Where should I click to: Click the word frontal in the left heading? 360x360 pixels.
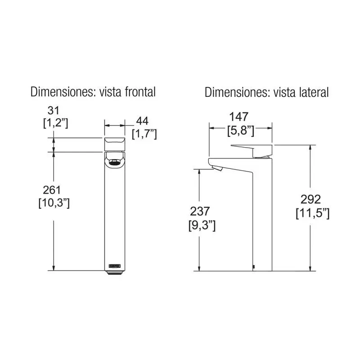140,92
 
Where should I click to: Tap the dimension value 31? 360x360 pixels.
53,110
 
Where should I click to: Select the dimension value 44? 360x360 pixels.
142,121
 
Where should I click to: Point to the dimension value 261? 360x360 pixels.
52,190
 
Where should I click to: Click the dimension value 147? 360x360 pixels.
239,117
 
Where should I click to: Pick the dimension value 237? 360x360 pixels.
200,211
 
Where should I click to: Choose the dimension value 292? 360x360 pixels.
310,199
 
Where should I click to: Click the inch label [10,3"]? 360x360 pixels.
54,203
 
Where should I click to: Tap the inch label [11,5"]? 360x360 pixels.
312,213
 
